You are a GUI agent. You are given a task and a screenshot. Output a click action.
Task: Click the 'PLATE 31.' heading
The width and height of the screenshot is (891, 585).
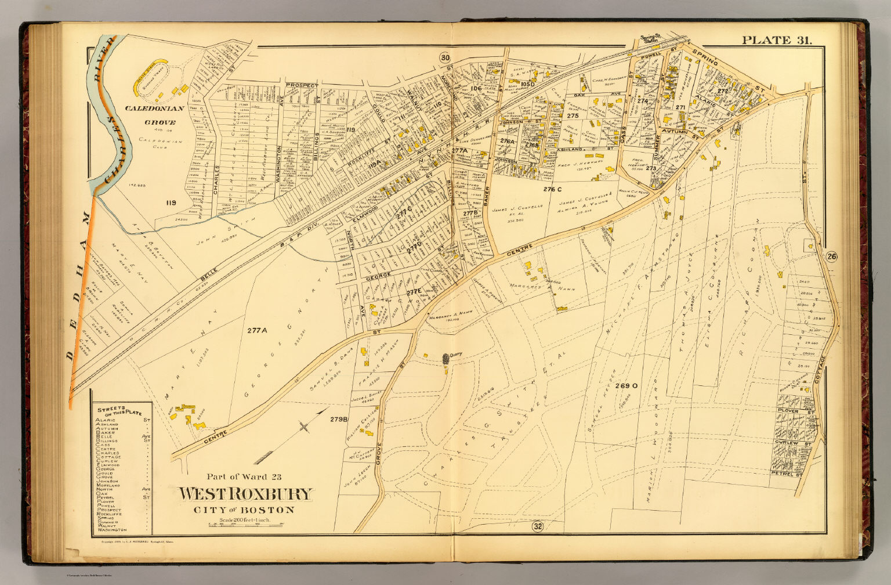tap(777, 40)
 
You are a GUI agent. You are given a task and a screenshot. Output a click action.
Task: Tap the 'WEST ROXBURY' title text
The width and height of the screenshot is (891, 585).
tap(245, 494)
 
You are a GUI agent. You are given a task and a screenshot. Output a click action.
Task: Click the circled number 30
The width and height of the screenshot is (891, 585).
tap(445, 57)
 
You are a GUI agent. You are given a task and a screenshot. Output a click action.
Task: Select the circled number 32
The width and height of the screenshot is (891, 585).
tap(537, 526)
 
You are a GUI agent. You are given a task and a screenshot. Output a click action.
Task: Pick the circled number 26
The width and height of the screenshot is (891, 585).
tap(832, 257)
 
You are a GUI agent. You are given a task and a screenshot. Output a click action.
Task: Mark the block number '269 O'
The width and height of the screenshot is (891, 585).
tap(626, 385)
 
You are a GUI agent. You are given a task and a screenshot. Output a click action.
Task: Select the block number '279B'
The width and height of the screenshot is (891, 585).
tap(339, 419)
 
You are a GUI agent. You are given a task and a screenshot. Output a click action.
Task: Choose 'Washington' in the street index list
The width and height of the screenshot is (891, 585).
tap(112, 530)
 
